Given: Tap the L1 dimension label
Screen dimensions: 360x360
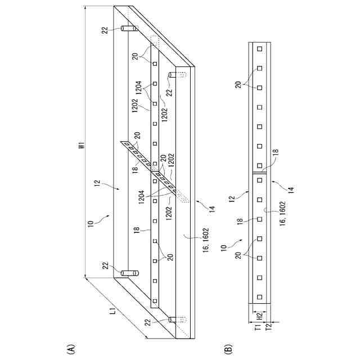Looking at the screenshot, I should [x=112, y=310].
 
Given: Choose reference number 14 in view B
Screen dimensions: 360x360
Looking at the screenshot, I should [x=290, y=189].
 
